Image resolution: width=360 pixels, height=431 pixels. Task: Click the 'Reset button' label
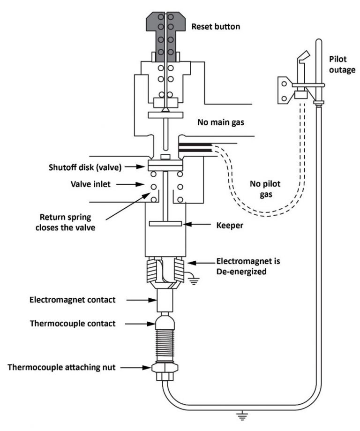click(216, 27)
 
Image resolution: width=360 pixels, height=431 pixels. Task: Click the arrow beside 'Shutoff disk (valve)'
click(135, 166)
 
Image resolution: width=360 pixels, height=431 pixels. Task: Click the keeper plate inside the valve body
click(165, 224)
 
